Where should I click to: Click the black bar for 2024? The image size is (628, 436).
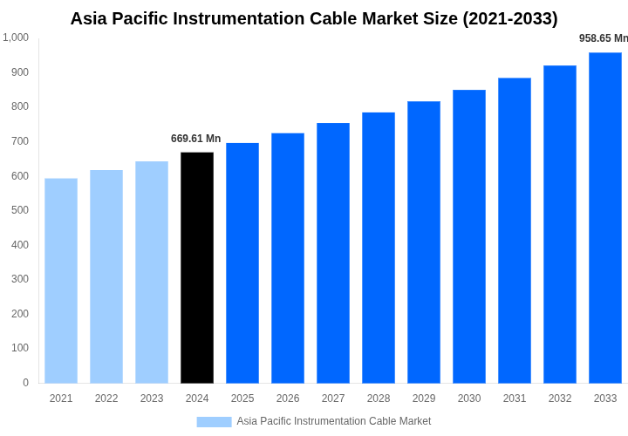click(197, 268)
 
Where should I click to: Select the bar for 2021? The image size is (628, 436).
click(61, 281)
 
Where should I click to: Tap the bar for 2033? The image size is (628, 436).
click(605, 218)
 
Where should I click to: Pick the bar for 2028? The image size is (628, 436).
click(379, 248)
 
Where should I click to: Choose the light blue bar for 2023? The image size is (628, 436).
click(152, 272)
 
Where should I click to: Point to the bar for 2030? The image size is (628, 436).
click(469, 236)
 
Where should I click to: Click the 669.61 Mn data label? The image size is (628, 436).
click(195, 139)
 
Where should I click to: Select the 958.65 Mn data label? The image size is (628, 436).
click(603, 38)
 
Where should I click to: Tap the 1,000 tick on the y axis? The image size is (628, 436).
click(16, 37)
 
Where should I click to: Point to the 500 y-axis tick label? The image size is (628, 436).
click(19, 210)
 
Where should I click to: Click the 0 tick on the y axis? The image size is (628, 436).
click(25, 383)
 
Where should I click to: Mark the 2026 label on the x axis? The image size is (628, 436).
click(288, 399)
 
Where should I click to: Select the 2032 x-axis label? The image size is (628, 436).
click(560, 399)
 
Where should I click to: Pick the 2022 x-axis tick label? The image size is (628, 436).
click(106, 399)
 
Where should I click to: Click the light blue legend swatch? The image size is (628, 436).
click(214, 422)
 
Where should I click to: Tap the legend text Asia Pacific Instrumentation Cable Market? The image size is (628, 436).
click(334, 421)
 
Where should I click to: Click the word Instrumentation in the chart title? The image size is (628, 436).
click(253, 18)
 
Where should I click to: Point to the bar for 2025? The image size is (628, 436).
click(242, 262)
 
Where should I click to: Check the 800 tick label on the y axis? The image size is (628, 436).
click(19, 106)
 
